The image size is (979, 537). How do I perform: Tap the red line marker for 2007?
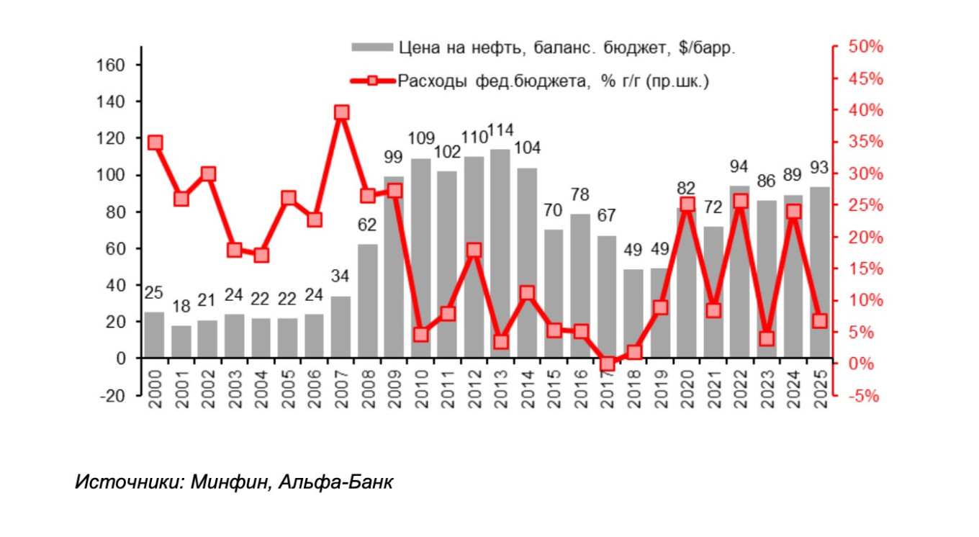(x=342, y=112)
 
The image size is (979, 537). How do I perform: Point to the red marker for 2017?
(x=608, y=364)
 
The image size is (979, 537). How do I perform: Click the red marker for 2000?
(x=155, y=143)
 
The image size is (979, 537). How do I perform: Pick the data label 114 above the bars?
(x=500, y=132)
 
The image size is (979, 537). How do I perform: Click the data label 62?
(x=367, y=225)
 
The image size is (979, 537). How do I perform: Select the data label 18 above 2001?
(x=181, y=306)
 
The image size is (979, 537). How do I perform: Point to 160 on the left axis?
(x=111, y=65)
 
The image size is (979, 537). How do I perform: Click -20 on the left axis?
(x=112, y=395)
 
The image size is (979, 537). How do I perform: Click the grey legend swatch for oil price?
(x=371, y=48)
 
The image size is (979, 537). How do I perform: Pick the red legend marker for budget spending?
(x=372, y=81)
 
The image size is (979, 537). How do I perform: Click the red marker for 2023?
(x=767, y=338)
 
